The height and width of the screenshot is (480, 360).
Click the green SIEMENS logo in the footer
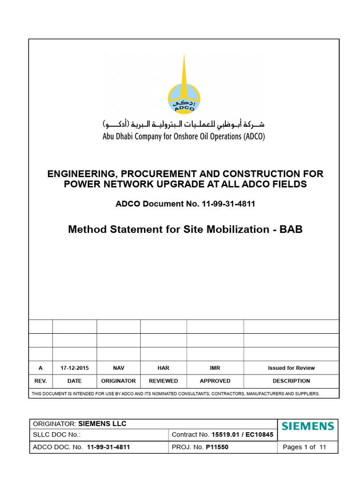click(x=308, y=427)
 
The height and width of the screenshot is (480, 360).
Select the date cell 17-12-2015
click(x=75, y=368)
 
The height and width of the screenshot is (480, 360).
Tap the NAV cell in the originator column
click(x=119, y=368)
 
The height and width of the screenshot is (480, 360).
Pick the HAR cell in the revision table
click(x=164, y=368)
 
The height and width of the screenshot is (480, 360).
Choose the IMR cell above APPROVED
click(x=215, y=368)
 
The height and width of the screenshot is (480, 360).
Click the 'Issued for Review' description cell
click(x=291, y=368)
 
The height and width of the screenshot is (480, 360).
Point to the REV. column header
click(x=40, y=381)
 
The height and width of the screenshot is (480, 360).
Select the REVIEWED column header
click(x=164, y=381)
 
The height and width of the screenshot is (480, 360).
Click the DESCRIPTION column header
click(x=291, y=381)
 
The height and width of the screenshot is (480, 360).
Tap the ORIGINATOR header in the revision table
click(x=119, y=381)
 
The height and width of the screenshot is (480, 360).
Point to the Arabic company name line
click(x=184, y=125)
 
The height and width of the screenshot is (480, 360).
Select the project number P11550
click(x=217, y=447)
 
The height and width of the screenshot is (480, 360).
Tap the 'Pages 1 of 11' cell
click(x=305, y=447)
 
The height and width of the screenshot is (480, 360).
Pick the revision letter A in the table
click(x=40, y=368)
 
